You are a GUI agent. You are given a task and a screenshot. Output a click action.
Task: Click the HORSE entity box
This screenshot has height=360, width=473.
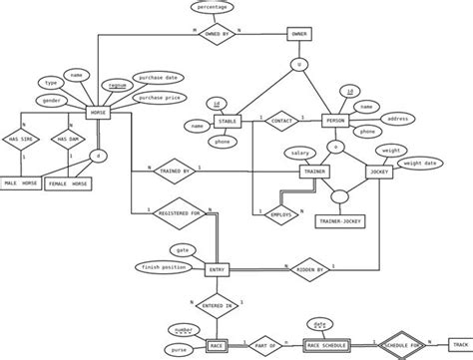[x=98, y=113]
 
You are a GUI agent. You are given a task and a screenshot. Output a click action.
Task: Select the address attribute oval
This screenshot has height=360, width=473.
[x=399, y=118]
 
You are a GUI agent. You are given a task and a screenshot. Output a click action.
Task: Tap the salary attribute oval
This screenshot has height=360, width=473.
[x=296, y=152]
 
